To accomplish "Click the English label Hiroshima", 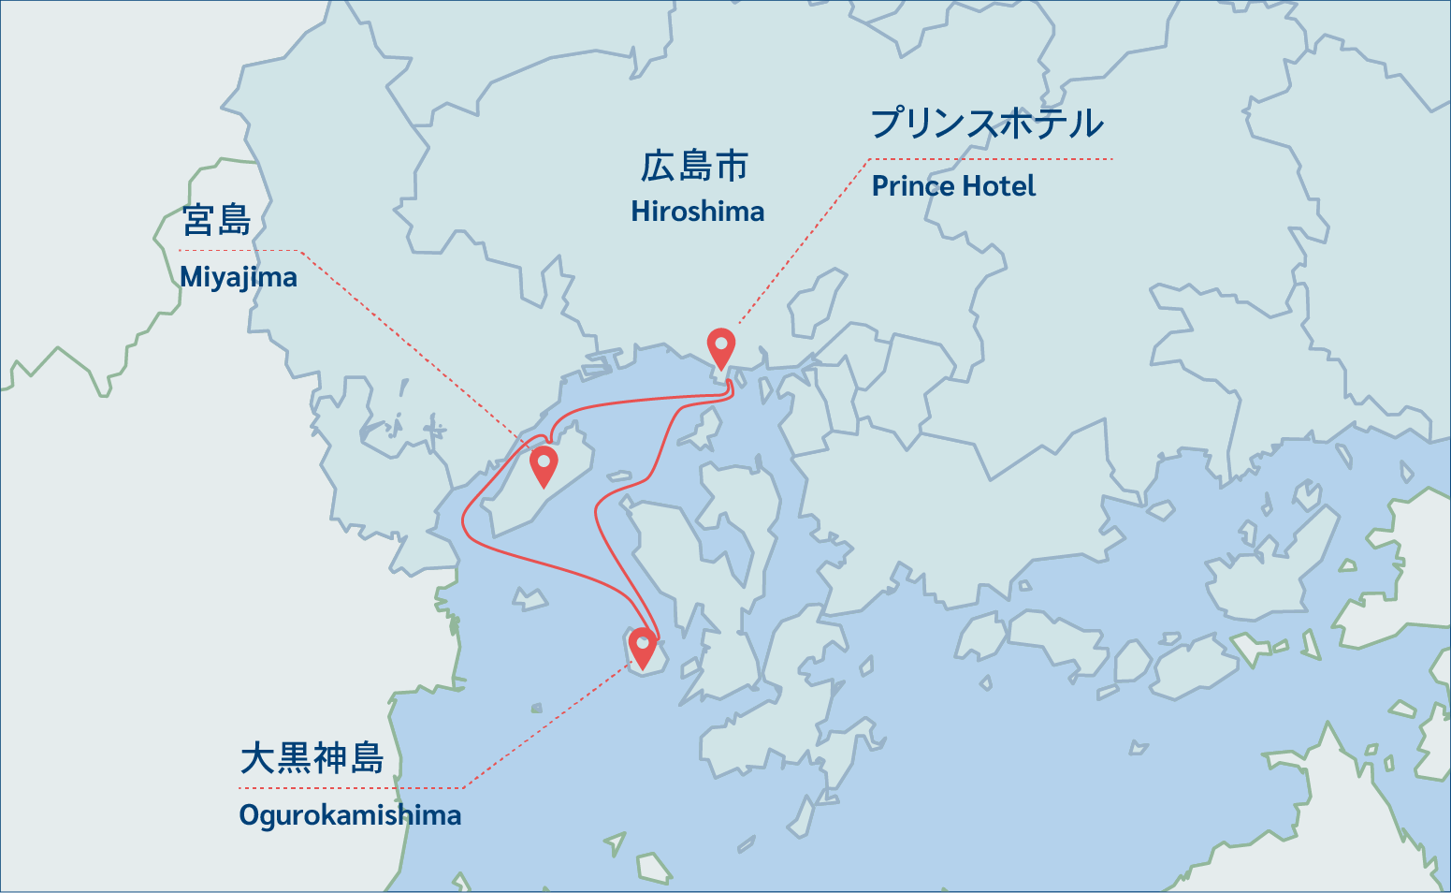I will [697, 212].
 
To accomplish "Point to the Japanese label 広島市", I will [694, 167].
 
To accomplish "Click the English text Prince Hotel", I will [953, 186].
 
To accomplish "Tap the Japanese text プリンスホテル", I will [987, 124].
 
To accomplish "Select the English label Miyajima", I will [239, 277].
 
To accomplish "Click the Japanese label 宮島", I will [217, 221].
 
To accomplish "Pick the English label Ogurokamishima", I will [350, 815].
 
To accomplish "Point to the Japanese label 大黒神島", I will [312, 758].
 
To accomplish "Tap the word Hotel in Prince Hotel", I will [998, 186].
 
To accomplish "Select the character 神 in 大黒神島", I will [330, 758].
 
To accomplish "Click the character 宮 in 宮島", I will [198, 221].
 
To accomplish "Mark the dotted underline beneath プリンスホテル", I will [990, 159].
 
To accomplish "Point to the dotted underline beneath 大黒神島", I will [351, 788].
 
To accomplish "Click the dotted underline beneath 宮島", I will [239, 250].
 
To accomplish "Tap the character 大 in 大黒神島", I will [257, 758].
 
